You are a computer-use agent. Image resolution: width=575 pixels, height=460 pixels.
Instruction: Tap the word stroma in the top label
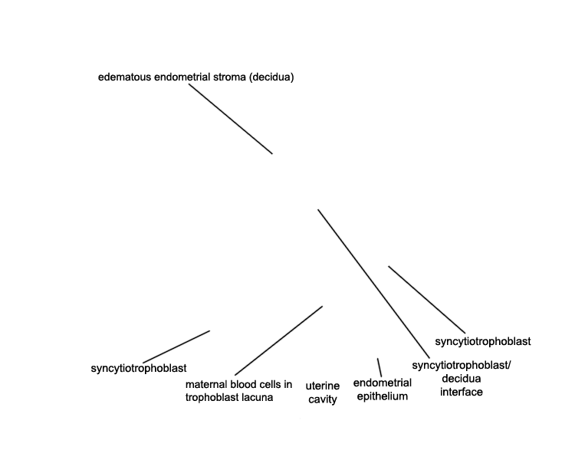[229, 77]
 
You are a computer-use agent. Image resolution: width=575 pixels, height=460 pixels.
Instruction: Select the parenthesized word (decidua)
[271, 77]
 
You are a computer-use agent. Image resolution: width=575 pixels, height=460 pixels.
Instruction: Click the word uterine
[323, 386]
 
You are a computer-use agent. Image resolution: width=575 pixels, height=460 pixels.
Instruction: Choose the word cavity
[323, 399]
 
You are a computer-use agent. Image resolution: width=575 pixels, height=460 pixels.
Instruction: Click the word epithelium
[383, 396]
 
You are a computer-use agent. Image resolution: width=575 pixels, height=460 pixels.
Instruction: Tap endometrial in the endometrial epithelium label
[383, 383]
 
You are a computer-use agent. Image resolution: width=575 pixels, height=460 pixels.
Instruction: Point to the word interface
[462, 392]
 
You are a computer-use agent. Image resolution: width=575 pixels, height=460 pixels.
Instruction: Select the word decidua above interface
[462, 379]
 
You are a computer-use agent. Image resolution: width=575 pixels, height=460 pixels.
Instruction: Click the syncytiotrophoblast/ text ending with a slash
[462, 366]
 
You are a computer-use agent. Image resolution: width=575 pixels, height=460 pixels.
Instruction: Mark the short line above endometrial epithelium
[379, 367]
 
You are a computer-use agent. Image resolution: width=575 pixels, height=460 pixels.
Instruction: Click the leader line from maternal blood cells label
[279, 340]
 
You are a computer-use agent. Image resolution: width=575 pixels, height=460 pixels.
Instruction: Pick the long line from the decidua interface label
[373, 284]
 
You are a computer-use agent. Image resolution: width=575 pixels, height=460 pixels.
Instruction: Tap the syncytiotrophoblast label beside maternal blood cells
[139, 368]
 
